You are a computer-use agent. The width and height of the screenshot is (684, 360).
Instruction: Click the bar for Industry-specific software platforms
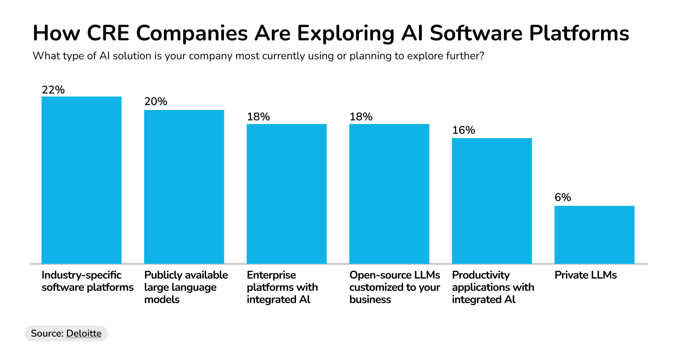pyautogui.click(x=81, y=180)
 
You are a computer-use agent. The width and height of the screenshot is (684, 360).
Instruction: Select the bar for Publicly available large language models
pyautogui.click(x=184, y=187)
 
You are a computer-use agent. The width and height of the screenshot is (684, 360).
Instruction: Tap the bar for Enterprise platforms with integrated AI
pyautogui.click(x=287, y=194)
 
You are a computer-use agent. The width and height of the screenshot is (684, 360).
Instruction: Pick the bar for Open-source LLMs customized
pyautogui.click(x=389, y=194)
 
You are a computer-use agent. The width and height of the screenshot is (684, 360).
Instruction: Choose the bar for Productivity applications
pyautogui.click(x=492, y=201)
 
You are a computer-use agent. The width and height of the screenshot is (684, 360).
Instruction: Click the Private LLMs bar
pyautogui.click(x=594, y=235)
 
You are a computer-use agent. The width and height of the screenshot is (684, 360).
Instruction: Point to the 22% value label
pyautogui.click(x=53, y=90)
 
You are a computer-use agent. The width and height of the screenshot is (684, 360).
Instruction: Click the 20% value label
pyautogui.click(x=156, y=101)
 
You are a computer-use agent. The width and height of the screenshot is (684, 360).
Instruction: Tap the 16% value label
pyautogui.click(x=463, y=130)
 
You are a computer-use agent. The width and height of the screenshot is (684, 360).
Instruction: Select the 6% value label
pyautogui.click(x=563, y=198)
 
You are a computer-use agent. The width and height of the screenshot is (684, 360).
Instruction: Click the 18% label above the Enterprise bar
pyautogui.click(x=258, y=117)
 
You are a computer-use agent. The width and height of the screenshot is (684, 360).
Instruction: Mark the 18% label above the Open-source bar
pyautogui.click(x=361, y=117)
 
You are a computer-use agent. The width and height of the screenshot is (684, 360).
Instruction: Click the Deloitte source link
pyautogui.click(x=84, y=334)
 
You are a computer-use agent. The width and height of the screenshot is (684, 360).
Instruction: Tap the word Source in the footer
pyautogui.click(x=46, y=334)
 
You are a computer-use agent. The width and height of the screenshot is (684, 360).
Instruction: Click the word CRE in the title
pyautogui.click(x=108, y=33)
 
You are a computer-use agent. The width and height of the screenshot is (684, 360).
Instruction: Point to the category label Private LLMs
pyautogui.click(x=585, y=275)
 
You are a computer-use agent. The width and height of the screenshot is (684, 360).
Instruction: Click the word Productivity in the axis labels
pyautogui.click(x=480, y=275)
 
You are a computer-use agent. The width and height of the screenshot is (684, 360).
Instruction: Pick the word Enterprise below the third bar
pyautogui.click(x=271, y=275)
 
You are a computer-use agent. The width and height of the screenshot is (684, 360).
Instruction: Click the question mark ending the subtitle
pyautogui.click(x=482, y=56)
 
